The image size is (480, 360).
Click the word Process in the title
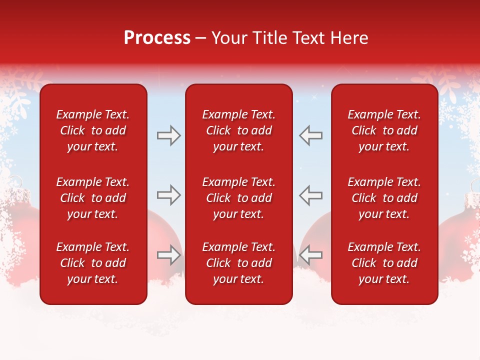point(157,38)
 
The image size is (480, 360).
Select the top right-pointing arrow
point(169,136)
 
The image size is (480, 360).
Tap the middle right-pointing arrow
point(169,195)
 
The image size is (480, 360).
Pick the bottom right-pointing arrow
point(169,255)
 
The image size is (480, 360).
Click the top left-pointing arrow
point(310,136)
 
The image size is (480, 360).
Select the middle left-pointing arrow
point(310,195)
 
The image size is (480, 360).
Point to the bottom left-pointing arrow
point(310,255)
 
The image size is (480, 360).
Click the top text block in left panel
point(93,130)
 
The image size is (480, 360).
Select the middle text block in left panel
point(93,198)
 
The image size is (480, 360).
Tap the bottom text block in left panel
point(93,263)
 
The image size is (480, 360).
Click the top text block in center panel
point(238,130)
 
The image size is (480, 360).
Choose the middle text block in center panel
point(238,198)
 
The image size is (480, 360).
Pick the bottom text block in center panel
point(238,263)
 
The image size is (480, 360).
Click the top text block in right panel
point(384,130)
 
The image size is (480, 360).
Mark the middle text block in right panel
point(384,198)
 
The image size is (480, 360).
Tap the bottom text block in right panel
point(384,263)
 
